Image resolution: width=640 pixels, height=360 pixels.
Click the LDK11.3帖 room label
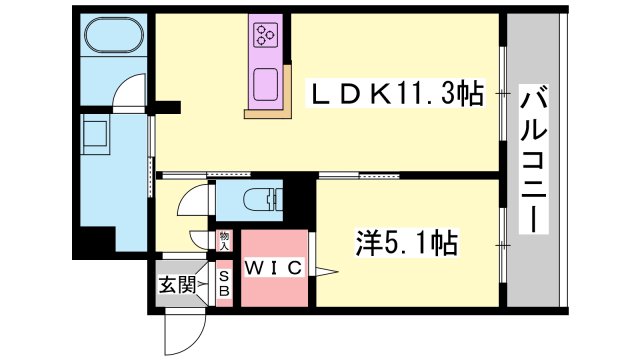point(395,93)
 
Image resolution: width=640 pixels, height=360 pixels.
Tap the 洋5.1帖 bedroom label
point(407,243)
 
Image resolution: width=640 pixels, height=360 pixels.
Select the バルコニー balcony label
point(533,159)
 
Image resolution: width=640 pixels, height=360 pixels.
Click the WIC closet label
point(274,268)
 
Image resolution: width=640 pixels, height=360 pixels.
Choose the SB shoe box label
point(224,284)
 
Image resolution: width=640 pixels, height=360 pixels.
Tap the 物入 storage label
point(224,241)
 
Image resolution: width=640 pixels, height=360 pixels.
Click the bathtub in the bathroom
point(114,35)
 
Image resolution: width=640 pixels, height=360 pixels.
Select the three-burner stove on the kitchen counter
point(266,34)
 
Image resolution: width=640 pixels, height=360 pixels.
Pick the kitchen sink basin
point(266,85)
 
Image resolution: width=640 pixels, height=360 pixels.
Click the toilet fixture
point(263,200)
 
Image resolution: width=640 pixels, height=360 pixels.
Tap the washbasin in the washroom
point(96,134)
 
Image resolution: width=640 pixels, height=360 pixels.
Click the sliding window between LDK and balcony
point(503,94)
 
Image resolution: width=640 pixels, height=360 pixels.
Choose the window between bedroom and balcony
point(503,245)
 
